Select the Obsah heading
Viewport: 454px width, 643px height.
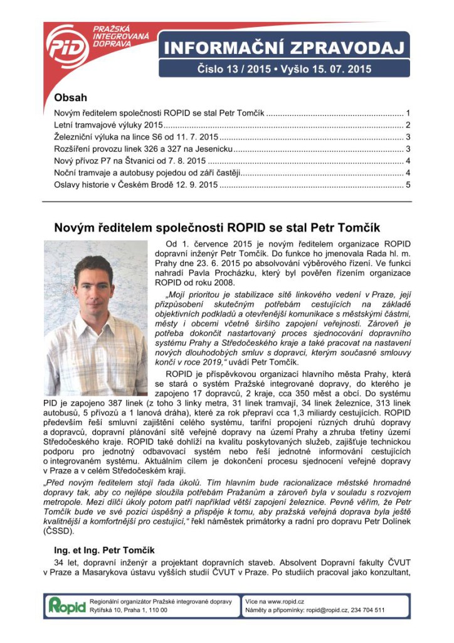point(71,98)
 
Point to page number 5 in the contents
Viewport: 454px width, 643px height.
point(408,185)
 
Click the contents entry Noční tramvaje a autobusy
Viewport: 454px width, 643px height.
point(147,173)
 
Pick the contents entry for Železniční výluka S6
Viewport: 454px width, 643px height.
point(136,137)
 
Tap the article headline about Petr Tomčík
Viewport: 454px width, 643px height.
point(217,227)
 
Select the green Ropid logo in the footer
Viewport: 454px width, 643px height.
point(66,605)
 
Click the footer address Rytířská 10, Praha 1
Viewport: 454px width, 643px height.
point(128,610)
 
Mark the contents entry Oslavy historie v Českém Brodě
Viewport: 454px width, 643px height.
point(136,185)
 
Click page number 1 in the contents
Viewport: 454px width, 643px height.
point(408,113)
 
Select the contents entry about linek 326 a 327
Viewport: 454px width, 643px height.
point(144,149)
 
